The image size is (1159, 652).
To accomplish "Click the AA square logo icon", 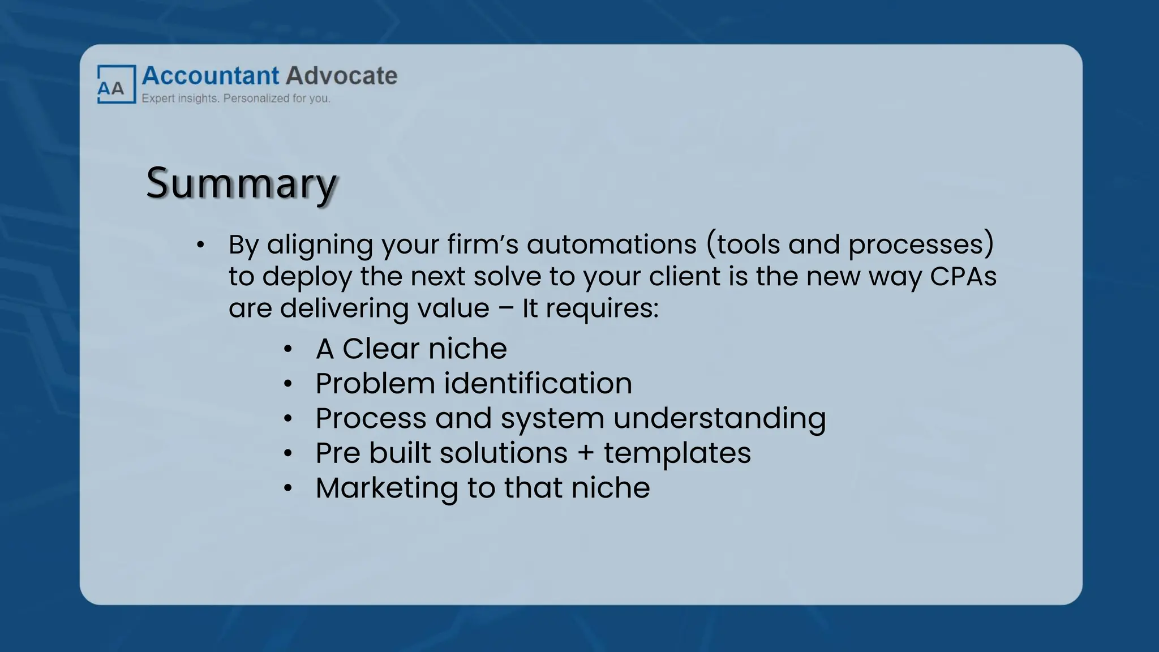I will pos(116,84).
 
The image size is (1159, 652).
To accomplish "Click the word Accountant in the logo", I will pos(211,76).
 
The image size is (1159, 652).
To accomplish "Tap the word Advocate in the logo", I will pos(341,76).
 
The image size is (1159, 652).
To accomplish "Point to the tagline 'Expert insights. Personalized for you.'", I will pos(235,98).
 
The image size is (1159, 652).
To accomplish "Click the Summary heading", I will pos(242,183).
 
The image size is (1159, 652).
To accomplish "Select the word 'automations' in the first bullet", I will pos(612,244).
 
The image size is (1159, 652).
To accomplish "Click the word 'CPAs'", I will pos(963,276).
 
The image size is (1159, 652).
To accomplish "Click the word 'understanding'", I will pos(719,419).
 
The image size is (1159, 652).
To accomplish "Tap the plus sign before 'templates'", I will pos(586,453).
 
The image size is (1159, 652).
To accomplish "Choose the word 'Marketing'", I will pos(387,488).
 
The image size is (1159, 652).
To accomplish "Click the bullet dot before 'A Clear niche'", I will pos(288,350).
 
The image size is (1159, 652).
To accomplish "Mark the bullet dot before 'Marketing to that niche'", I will pos(288,488).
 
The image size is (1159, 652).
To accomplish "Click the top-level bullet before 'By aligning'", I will pos(200,245).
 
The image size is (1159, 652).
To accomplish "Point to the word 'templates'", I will pos(677,453).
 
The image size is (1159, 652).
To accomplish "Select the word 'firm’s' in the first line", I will pos(483,244).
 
